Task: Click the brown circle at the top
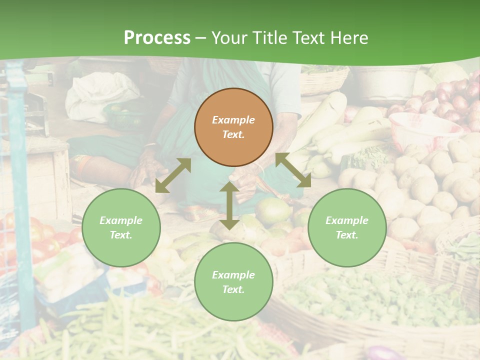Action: click(233, 127)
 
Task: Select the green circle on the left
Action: click(121, 227)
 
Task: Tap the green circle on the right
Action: click(347, 227)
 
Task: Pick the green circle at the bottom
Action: click(233, 282)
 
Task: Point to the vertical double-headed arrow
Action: click(229, 205)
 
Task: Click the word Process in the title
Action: click(157, 38)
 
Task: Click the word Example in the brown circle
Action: click(233, 120)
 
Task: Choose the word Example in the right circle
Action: click(347, 220)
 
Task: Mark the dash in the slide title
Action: click(201, 38)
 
